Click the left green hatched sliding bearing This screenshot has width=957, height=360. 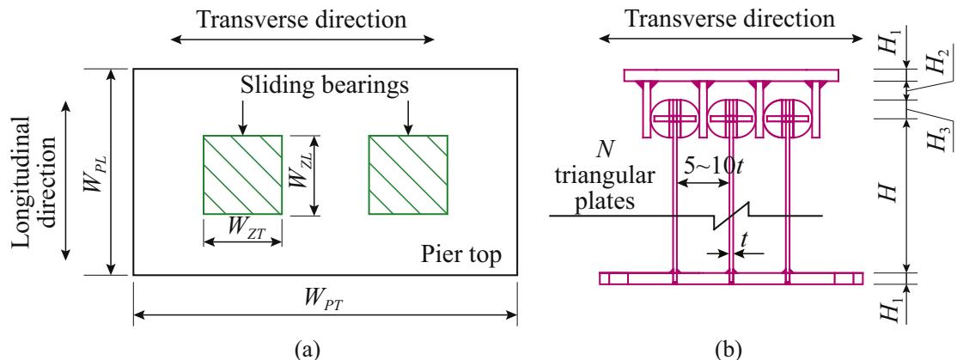243,174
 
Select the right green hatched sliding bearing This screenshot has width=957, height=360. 408,174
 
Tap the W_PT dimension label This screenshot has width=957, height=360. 326,303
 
